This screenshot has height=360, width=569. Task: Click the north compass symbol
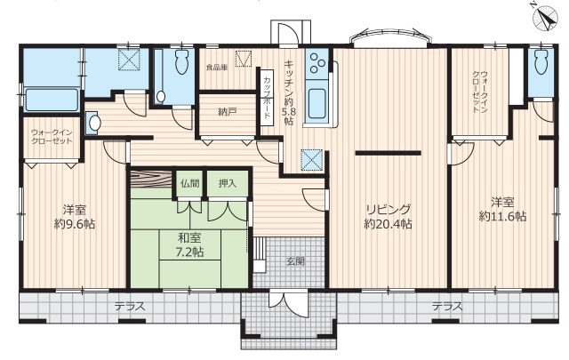545,19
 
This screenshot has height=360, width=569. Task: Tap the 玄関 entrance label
296,261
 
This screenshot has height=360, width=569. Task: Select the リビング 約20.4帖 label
388,216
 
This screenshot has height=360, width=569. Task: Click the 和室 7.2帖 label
189,245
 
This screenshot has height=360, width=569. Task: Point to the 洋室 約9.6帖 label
75,217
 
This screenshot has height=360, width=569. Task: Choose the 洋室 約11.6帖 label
502,209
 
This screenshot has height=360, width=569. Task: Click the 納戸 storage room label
226,113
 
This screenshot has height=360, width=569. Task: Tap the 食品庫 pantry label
217,68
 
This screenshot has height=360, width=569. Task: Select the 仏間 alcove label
189,183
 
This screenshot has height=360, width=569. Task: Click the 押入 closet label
228,183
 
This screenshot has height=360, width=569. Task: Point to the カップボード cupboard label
267,98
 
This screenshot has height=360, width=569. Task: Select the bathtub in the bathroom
52,100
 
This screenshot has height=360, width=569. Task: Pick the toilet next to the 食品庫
181,61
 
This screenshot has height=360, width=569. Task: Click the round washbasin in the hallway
94,123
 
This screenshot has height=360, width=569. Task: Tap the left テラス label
130,307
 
